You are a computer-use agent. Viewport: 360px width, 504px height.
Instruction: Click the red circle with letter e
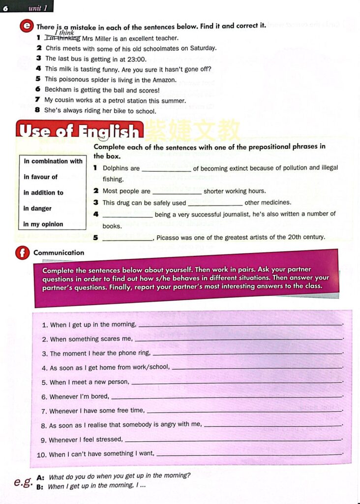click(x=27, y=27)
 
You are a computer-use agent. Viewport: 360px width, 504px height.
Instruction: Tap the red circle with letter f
click(x=22, y=253)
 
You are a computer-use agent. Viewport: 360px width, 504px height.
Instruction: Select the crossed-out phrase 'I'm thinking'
click(x=62, y=38)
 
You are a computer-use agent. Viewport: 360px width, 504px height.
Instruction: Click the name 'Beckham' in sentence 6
click(x=58, y=90)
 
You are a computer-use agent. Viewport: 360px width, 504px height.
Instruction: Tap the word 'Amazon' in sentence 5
click(x=164, y=79)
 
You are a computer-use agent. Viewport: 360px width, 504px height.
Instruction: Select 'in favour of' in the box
click(x=41, y=177)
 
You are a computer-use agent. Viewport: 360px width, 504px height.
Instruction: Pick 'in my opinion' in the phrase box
click(x=43, y=224)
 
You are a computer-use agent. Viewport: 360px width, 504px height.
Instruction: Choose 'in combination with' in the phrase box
click(x=53, y=161)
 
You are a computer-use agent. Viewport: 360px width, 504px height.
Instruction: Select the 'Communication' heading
click(x=59, y=252)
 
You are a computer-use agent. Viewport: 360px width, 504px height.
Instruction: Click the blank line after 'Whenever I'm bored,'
click(x=227, y=397)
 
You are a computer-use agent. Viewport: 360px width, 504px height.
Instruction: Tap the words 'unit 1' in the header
click(x=38, y=7)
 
